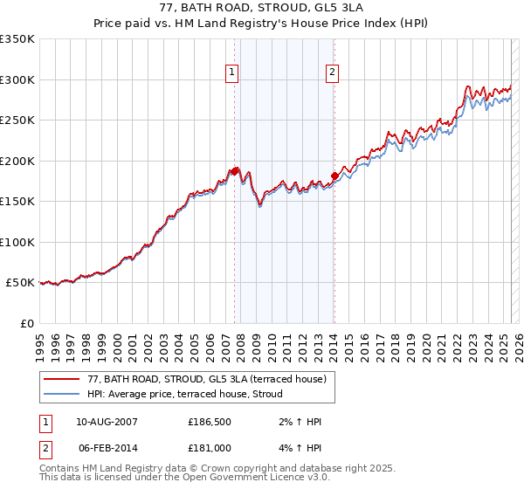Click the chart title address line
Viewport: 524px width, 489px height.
261,10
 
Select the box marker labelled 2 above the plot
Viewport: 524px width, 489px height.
334,73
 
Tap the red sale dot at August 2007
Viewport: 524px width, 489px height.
234,172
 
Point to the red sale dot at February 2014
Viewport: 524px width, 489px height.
334,176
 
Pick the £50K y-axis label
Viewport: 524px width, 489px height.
21,283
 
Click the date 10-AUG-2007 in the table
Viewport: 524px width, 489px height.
106,422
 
